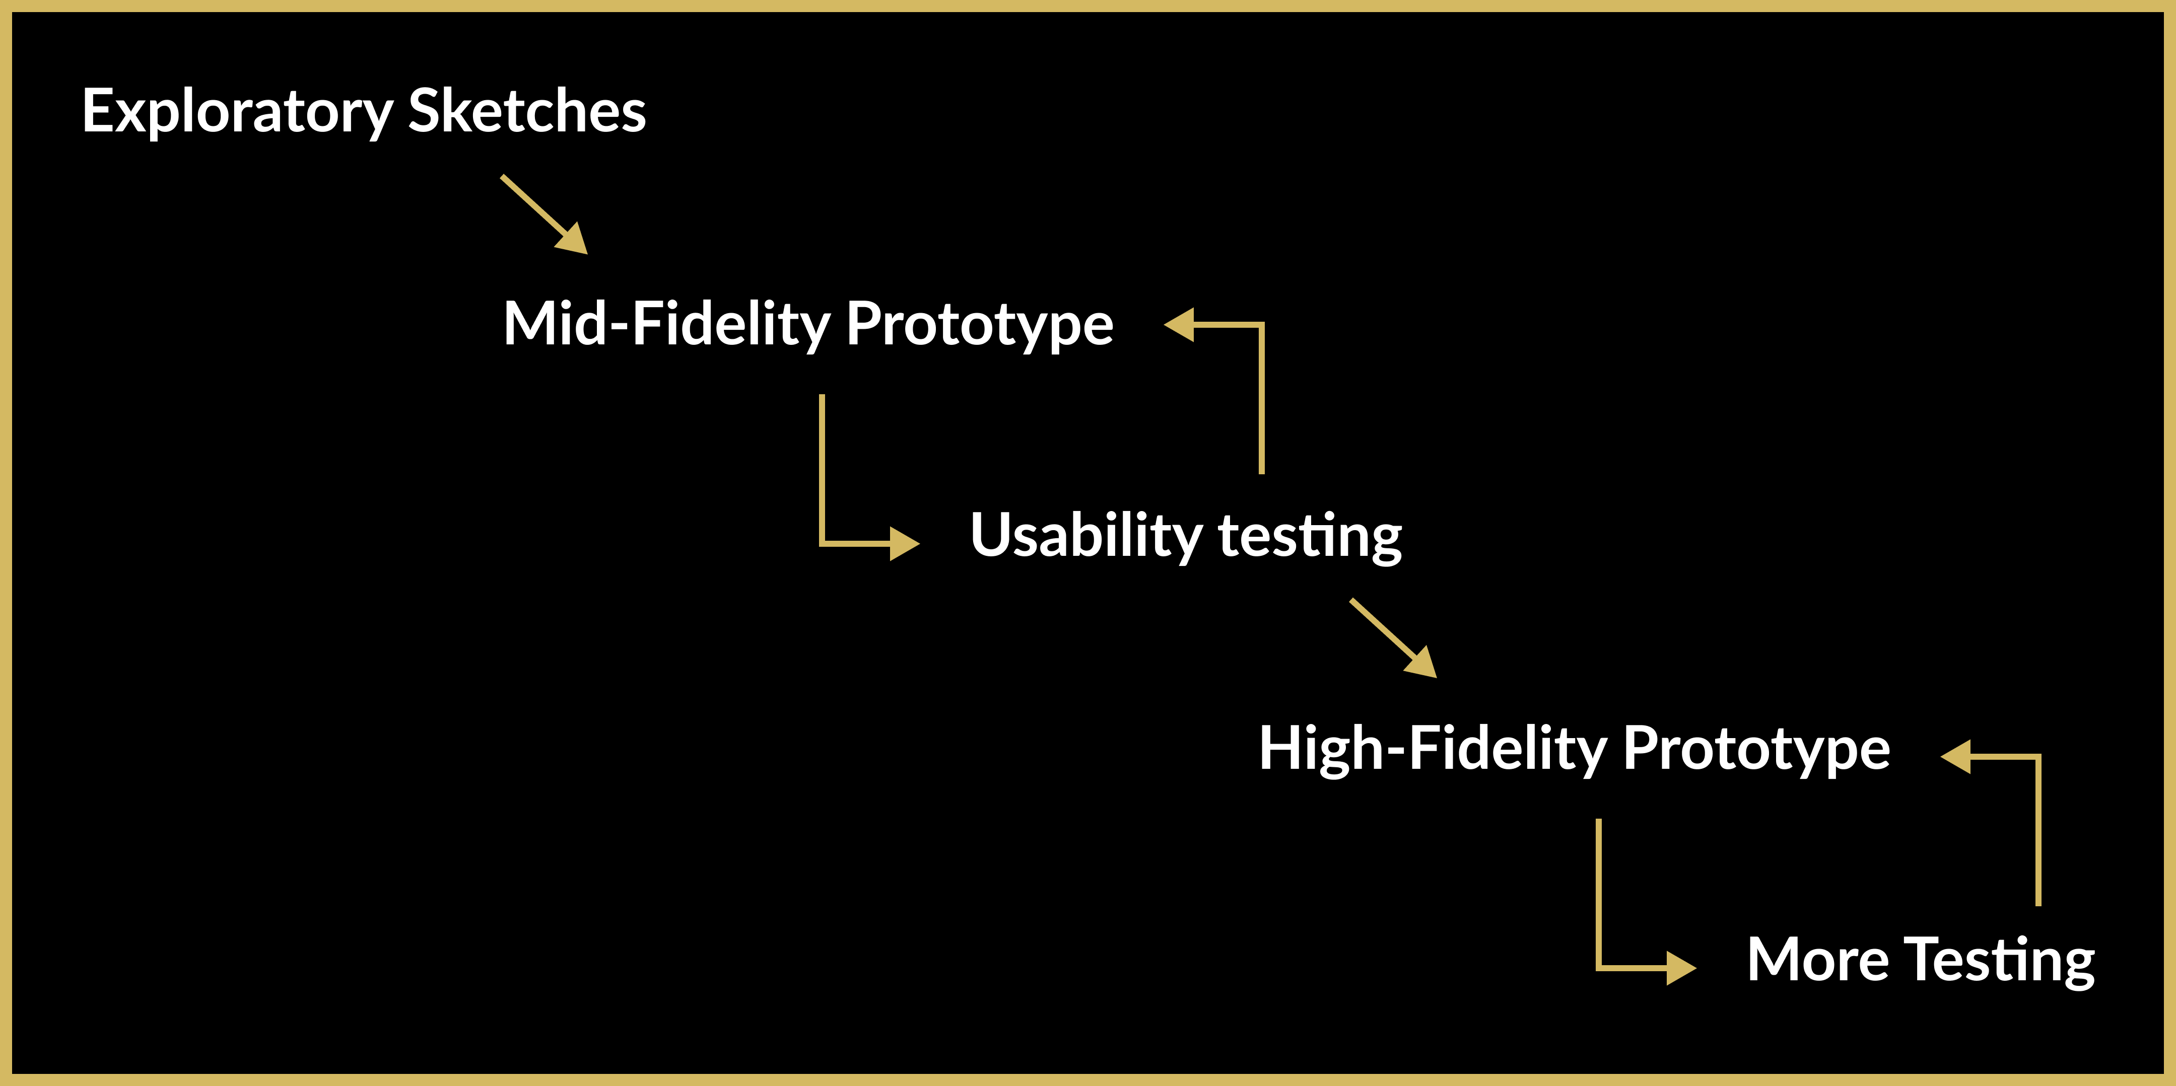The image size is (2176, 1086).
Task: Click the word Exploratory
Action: pos(237,111)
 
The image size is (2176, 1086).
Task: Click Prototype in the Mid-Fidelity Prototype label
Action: pos(979,324)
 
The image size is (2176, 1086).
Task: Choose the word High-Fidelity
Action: pos(1433,749)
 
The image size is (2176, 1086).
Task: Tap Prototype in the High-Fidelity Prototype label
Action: pos(1756,749)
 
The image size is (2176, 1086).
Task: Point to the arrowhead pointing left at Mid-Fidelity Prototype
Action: pos(1181,324)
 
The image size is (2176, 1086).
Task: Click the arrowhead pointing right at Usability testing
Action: pos(903,543)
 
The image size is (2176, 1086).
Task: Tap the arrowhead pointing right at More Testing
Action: pos(1680,968)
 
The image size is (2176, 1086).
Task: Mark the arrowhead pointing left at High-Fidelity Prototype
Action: pos(1957,757)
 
